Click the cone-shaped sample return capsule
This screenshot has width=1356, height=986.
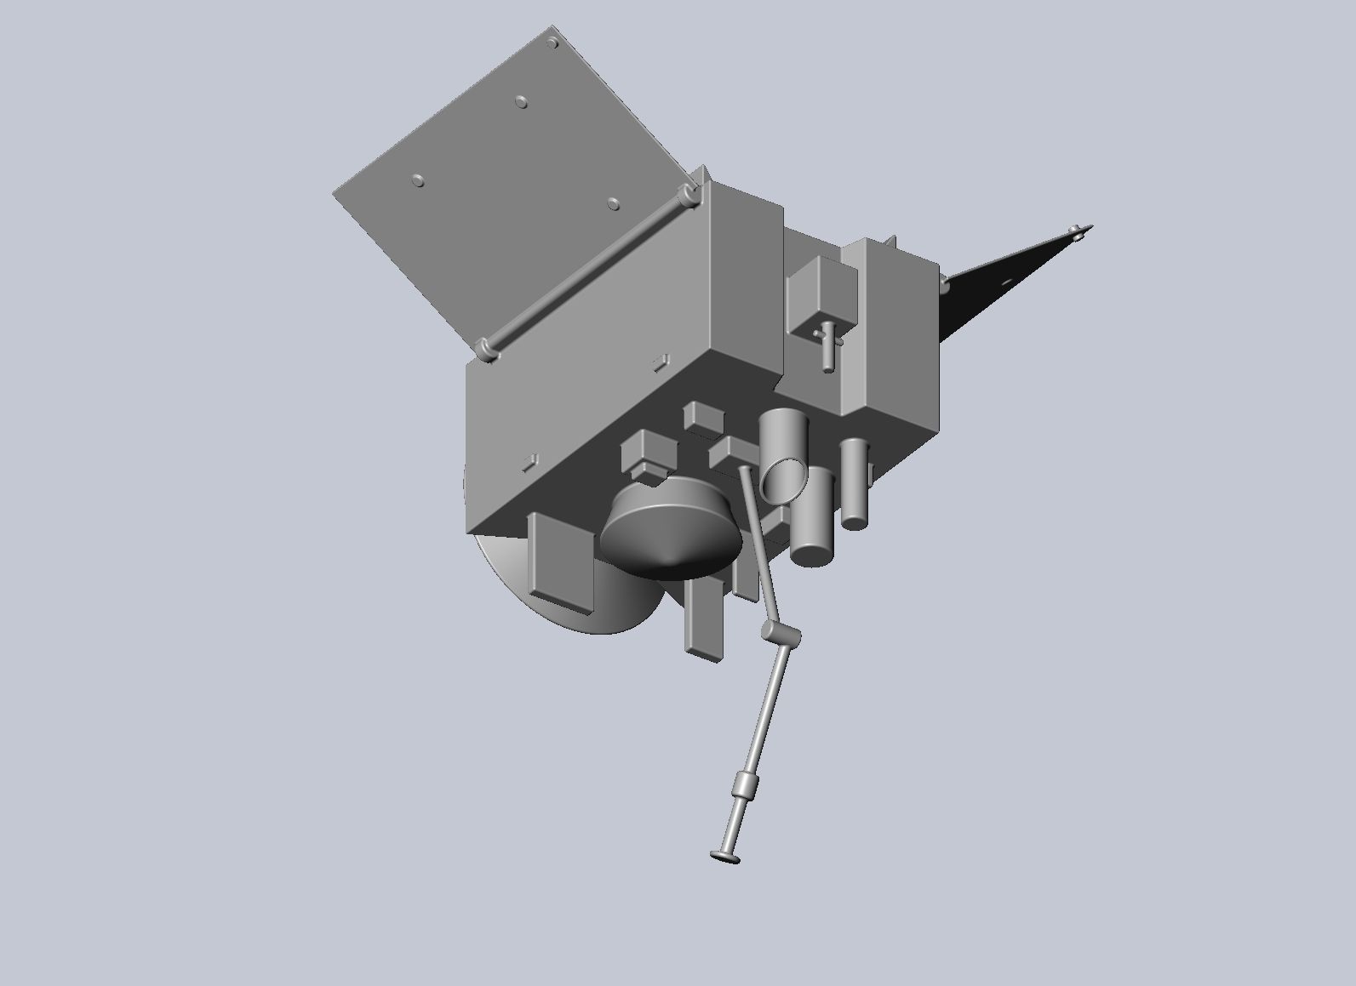[668, 532]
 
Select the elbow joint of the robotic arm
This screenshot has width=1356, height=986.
[779, 633]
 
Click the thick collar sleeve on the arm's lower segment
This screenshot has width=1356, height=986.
[745, 784]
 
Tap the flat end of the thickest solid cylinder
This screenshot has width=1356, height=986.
[811, 554]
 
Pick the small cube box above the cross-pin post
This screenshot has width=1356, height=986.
[819, 289]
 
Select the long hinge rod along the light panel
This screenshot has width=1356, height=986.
[587, 272]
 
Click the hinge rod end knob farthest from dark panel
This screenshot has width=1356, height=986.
[486, 349]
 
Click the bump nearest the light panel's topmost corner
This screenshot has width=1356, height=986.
[553, 43]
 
